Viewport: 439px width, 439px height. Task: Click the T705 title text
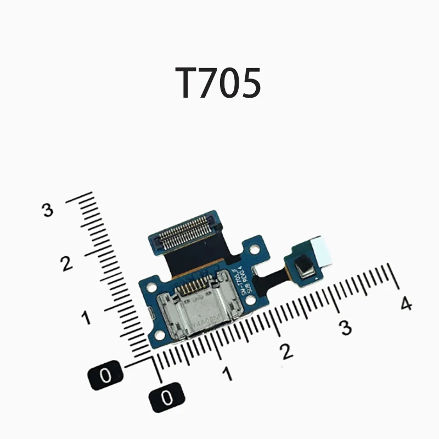pos(218,83)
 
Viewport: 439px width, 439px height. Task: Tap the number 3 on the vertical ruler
pos(49,210)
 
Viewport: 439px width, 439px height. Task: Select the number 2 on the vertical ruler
pos(67,263)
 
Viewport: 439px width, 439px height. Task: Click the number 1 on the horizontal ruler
pos(227,374)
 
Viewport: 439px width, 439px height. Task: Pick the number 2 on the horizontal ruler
pos(286,351)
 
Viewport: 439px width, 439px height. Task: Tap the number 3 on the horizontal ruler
pos(345,327)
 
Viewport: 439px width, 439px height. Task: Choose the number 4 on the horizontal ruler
pos(406,303)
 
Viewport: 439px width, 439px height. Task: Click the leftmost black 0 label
pos(106,375)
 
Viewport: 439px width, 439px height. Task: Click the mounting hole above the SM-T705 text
pos(254,249)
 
